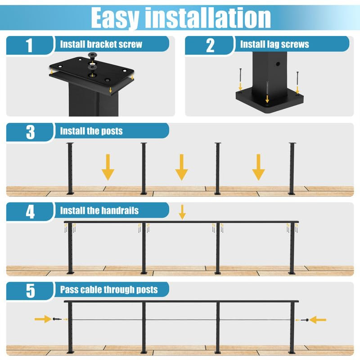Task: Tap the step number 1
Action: coord(30,45)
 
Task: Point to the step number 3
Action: coord(30,132)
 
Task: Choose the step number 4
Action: coord(30,211)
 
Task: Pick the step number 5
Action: coord(30,290)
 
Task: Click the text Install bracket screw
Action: coord(101,44)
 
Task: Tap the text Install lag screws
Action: coord(274,44)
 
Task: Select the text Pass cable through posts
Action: coord(109,289)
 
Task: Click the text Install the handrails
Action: coord(99,210)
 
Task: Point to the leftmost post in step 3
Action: coord(70,169)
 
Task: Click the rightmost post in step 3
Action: coord(292,169)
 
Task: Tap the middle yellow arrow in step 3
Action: coord(181,167)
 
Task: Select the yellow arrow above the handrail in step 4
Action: coord(182,211)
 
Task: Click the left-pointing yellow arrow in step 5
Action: coord(318,319)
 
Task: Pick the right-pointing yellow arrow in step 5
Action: coord(43,319)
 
